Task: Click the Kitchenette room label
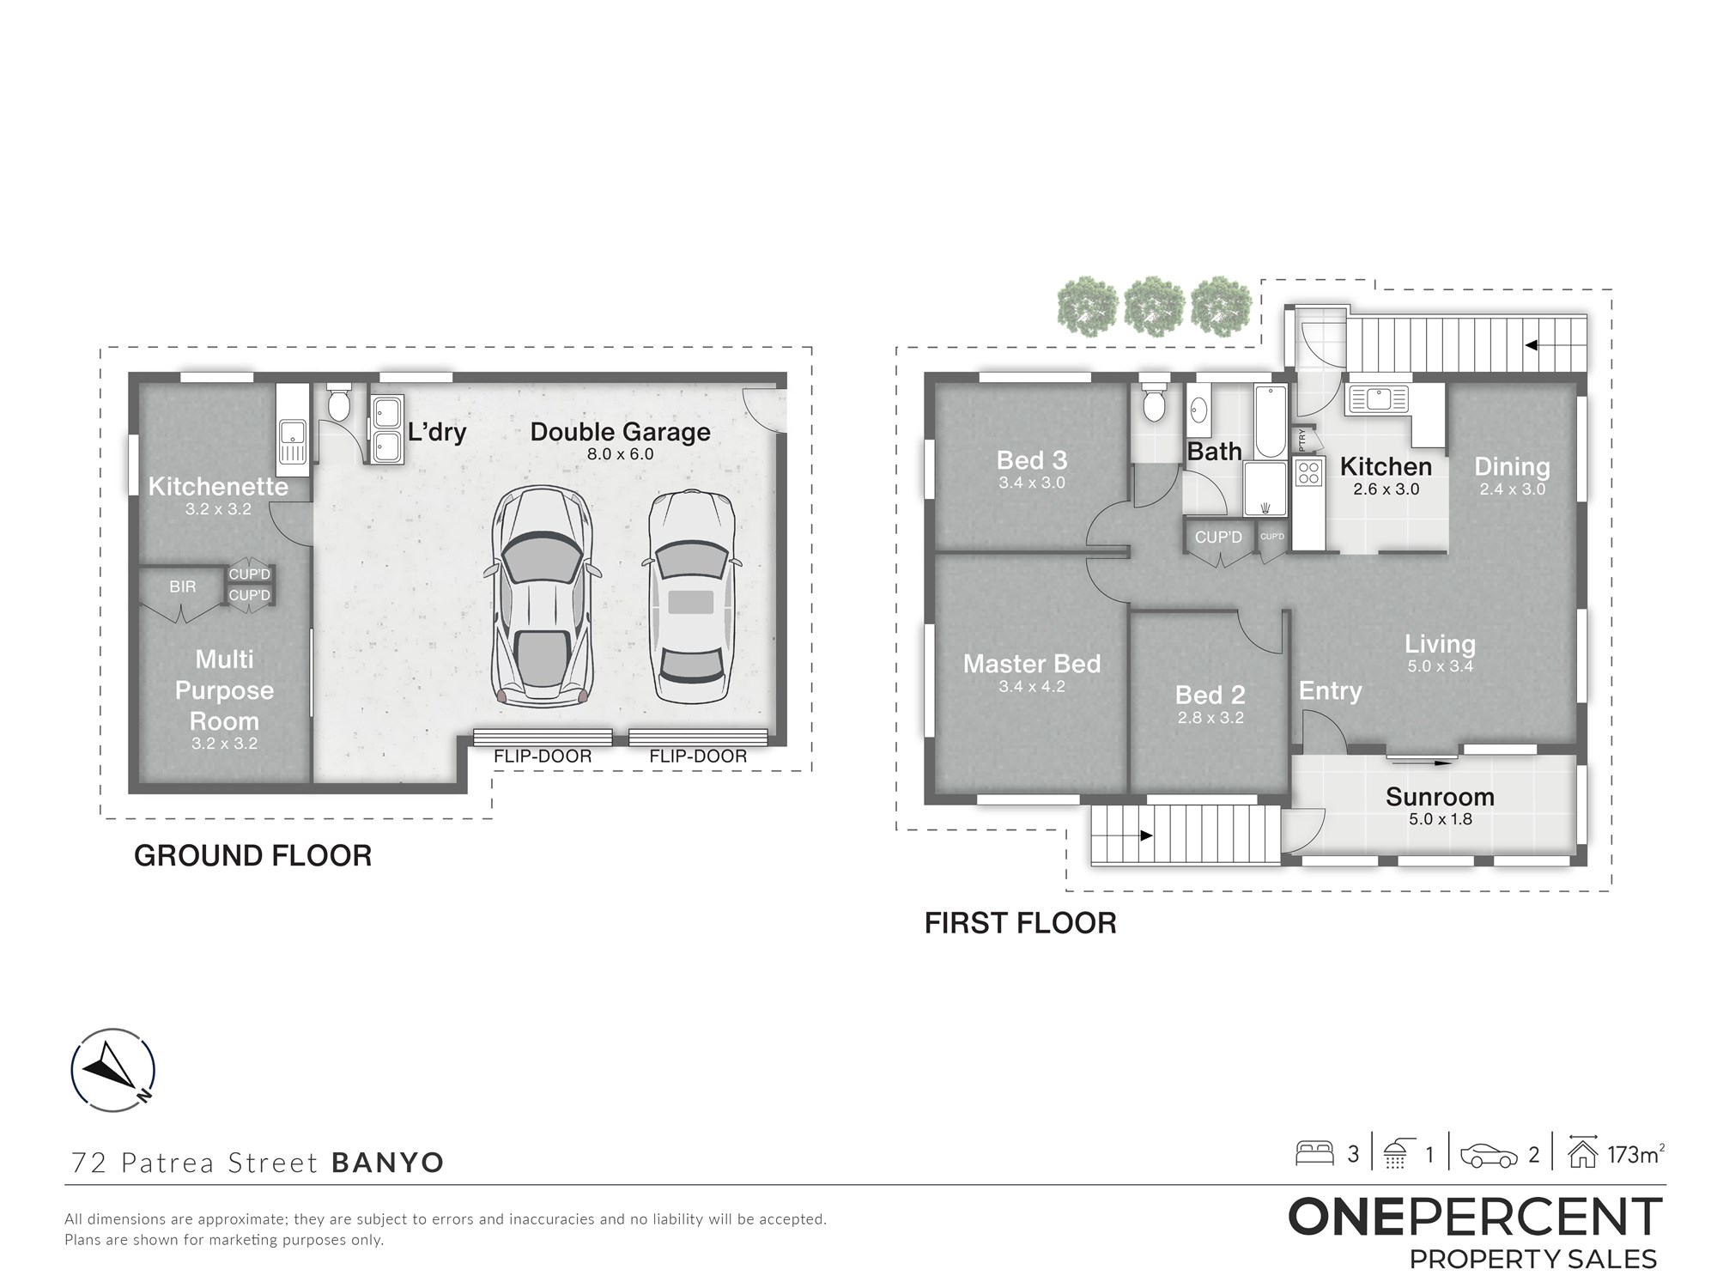click(218, 486)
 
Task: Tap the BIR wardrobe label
click(183, 586)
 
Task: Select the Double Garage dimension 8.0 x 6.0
click(621, 454)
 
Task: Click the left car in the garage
click(543, 597)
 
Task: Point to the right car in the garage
click(692, 598)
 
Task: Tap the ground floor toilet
click(339, 404)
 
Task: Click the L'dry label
click(437, 431)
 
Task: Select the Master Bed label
click(1032, 664)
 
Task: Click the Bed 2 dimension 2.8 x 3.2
click(1210, 718)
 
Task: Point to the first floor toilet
click(1153, 403)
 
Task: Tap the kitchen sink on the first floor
click(1378, 399)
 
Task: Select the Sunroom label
click(1440, 797)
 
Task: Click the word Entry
click(1330, 691)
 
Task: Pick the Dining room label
click(1512, 466)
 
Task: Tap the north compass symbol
click(113, 1070)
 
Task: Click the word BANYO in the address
click(388, 1163)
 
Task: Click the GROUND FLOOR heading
click(252, 856)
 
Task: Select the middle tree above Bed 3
click(1155, 306)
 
